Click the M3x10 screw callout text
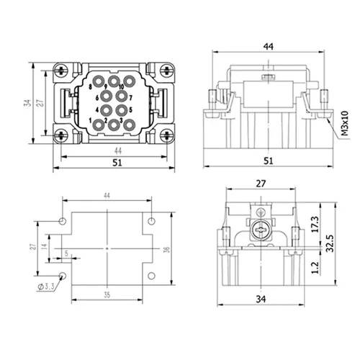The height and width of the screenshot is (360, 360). coord(345,123)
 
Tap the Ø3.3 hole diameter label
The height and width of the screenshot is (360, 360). coord(46,287)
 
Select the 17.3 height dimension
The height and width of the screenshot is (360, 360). coord(315,224)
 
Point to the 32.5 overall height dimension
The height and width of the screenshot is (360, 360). coord(330,243)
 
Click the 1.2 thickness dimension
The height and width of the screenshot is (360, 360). coord(315,268)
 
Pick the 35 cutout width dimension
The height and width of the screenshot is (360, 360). coord(107,294)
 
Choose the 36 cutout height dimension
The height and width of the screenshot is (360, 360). coord(167,249)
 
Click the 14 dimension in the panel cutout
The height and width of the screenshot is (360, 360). coord(44,246)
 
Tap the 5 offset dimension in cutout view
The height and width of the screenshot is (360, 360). coord(66,253)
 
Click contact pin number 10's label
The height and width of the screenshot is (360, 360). coord(121,86)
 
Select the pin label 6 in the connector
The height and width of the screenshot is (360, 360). coord(97,98)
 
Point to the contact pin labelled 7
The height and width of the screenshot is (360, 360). coord(121,96)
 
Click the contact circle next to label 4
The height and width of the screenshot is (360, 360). coord(106,110)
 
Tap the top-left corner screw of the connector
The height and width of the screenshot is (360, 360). coord(61,71)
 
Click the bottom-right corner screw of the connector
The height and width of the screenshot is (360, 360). coord(167,136)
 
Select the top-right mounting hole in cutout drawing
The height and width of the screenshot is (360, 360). coord(151,221)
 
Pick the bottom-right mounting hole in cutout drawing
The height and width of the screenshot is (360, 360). coord(151,276)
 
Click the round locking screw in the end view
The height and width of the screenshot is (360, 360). coord(261,230)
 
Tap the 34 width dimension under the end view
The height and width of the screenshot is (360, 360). coord(261,300)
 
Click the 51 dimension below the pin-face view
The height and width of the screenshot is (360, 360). coord(117,163)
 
